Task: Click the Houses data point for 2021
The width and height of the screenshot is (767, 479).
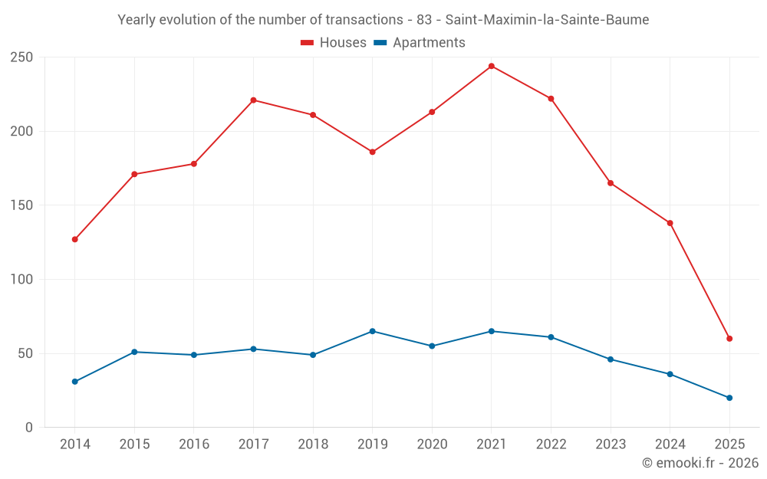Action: click(492, 66)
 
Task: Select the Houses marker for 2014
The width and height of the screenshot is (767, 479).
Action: click(75, 239)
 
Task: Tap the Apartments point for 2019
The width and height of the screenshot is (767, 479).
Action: click(373, 331)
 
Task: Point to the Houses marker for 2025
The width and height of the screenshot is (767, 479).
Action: click(729, 339)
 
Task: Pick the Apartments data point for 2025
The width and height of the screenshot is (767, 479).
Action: click(729, 398)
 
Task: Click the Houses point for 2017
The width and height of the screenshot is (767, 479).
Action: click(254, 100)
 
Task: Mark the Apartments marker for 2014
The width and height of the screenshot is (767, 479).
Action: click(75, 382)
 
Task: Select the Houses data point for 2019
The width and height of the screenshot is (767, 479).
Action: click(373, 152)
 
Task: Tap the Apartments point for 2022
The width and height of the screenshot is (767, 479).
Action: click(551, 337)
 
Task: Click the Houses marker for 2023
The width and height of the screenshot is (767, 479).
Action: click(611, 183)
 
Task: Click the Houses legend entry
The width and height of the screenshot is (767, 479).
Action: click(334, 43)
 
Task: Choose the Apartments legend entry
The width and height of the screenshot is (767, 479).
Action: click(420, 43)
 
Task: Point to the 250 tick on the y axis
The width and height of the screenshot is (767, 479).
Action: click(21, 57)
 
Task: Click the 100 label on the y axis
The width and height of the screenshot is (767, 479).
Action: click(21, 280)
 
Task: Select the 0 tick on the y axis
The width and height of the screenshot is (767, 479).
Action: click(29, 428)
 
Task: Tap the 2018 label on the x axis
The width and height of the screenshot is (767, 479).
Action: click(313, 445)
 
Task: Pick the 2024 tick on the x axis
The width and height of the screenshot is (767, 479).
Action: click(670, 445)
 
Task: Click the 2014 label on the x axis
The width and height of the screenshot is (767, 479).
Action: click(75, 445)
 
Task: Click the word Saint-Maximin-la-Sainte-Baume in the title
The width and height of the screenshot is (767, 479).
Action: click(547, 20)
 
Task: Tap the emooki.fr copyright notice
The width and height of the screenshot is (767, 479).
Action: click(700, 463)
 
